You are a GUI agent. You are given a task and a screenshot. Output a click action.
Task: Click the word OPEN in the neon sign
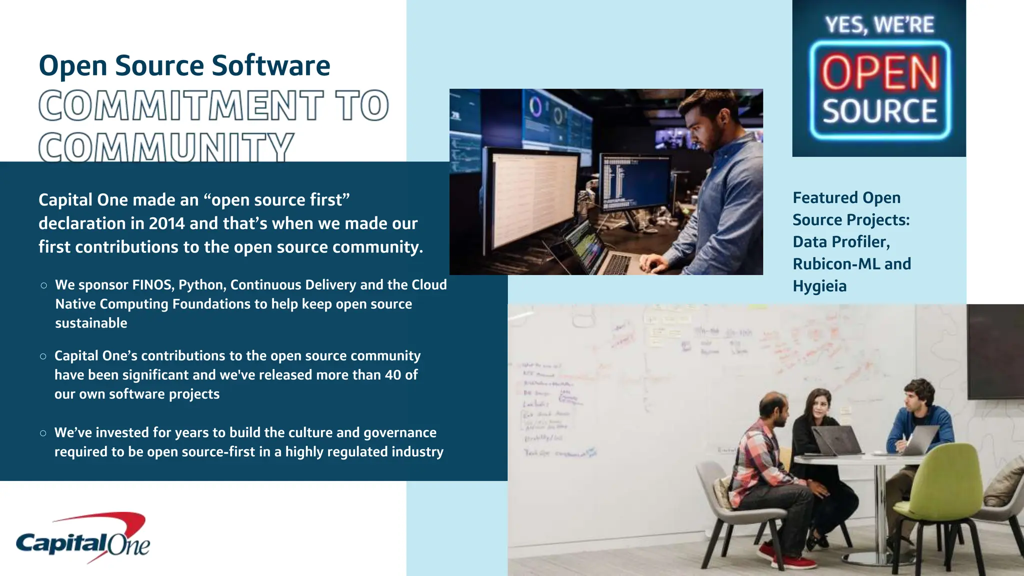click(879, 73)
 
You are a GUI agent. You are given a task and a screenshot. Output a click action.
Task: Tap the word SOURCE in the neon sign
click(879, 111)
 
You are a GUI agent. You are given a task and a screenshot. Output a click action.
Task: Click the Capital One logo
click(83, 539)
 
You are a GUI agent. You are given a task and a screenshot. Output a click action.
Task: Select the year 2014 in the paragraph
click(166, 223)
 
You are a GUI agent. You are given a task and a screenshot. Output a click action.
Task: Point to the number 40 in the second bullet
click(393, 375)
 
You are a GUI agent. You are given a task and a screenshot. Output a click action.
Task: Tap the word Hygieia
click(819, 286)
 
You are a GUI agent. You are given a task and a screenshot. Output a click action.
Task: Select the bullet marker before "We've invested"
click(43, 433)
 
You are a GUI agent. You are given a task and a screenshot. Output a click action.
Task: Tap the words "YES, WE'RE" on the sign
click(879, 24)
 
